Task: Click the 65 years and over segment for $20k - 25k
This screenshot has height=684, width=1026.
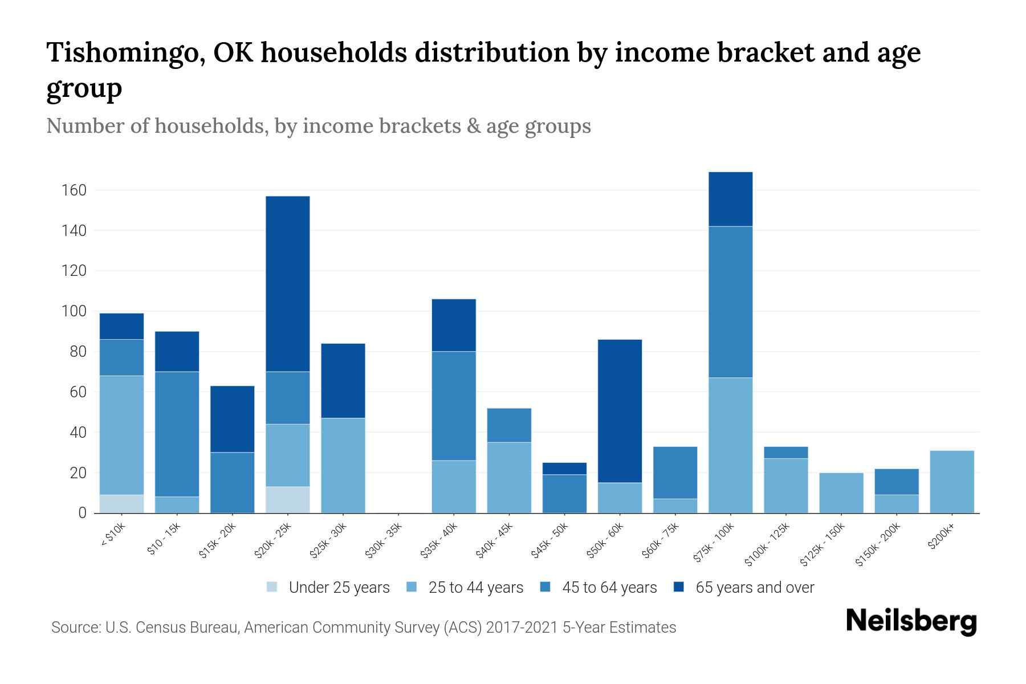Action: (x=288, y=284)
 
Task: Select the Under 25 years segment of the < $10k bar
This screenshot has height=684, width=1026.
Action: (x=121, y=504)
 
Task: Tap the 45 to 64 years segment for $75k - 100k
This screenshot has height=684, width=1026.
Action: (x=730, y=302)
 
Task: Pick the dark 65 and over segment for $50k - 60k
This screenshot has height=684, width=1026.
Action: (x=620, y=411)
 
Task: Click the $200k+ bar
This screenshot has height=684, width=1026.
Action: (x=952, y=482)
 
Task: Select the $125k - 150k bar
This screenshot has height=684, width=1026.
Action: (x=841, y=493)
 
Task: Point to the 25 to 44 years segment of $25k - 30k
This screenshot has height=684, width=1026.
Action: (x=343, y=466)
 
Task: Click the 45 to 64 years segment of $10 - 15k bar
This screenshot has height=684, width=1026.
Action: (x=177, y=434)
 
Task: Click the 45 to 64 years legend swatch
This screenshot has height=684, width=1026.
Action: (x=545, y=587)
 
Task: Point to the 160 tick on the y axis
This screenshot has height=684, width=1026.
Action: (x=74, y=190)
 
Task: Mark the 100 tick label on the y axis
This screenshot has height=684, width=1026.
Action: (x=74, y=311)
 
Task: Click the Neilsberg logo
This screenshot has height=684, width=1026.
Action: (x=911, y=621)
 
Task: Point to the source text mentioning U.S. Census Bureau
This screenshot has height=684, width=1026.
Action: (x=364, y=628)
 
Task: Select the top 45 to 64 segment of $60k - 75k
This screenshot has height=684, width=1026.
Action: (x=675, y=473)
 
